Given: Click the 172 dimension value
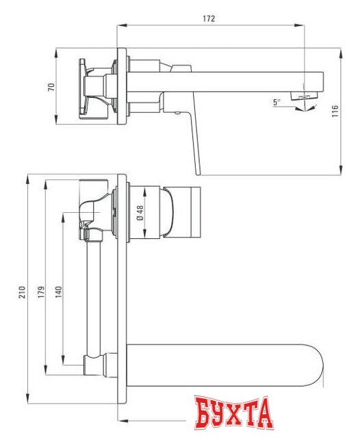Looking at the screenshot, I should tap(210, 19).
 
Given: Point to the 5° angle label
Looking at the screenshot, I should tap(276, 101).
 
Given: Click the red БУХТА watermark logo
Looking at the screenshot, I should tap(232, 414).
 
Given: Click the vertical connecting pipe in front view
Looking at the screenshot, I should tap(93, 294).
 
